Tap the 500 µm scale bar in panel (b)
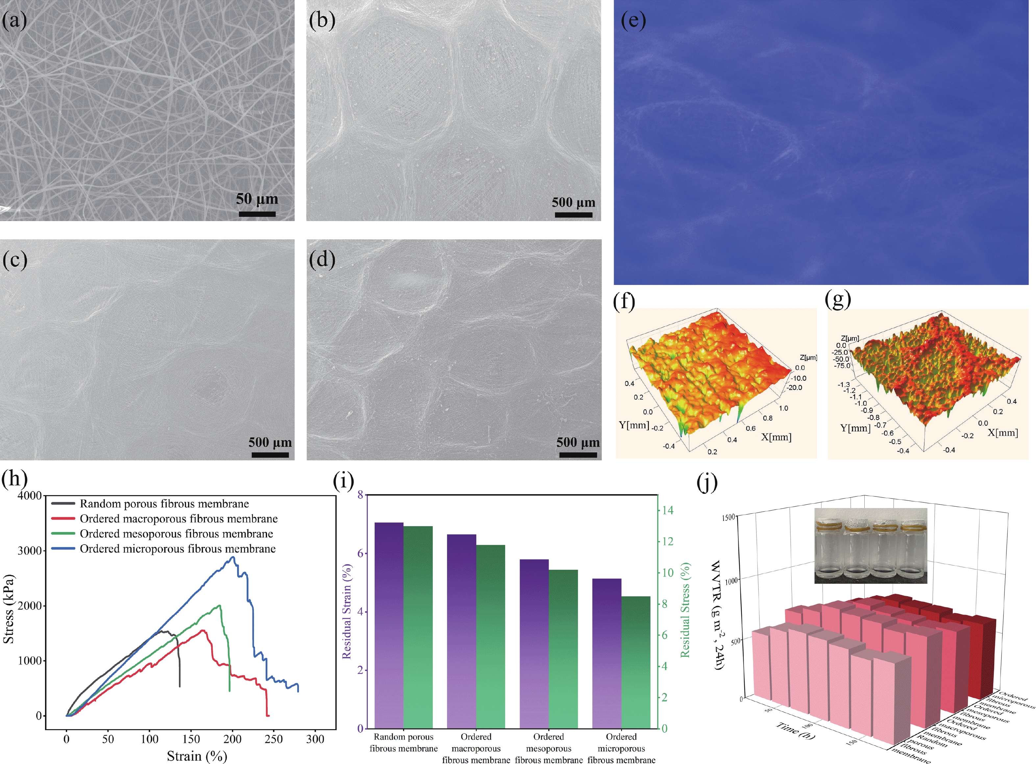coord(573,215)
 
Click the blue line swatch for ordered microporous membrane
coord(63,548)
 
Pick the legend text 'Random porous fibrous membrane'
coord(164,504)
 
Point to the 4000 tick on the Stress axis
coord(29,496)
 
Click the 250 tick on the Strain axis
coord(274,739)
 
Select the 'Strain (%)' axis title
coord(197,756)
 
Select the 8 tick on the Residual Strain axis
coord(360,495)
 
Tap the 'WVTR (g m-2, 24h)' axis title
coord(718,615)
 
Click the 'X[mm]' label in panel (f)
coord(776,437)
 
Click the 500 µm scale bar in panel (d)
coord(578,455)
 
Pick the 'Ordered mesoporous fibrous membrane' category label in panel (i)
coord(549,748)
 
